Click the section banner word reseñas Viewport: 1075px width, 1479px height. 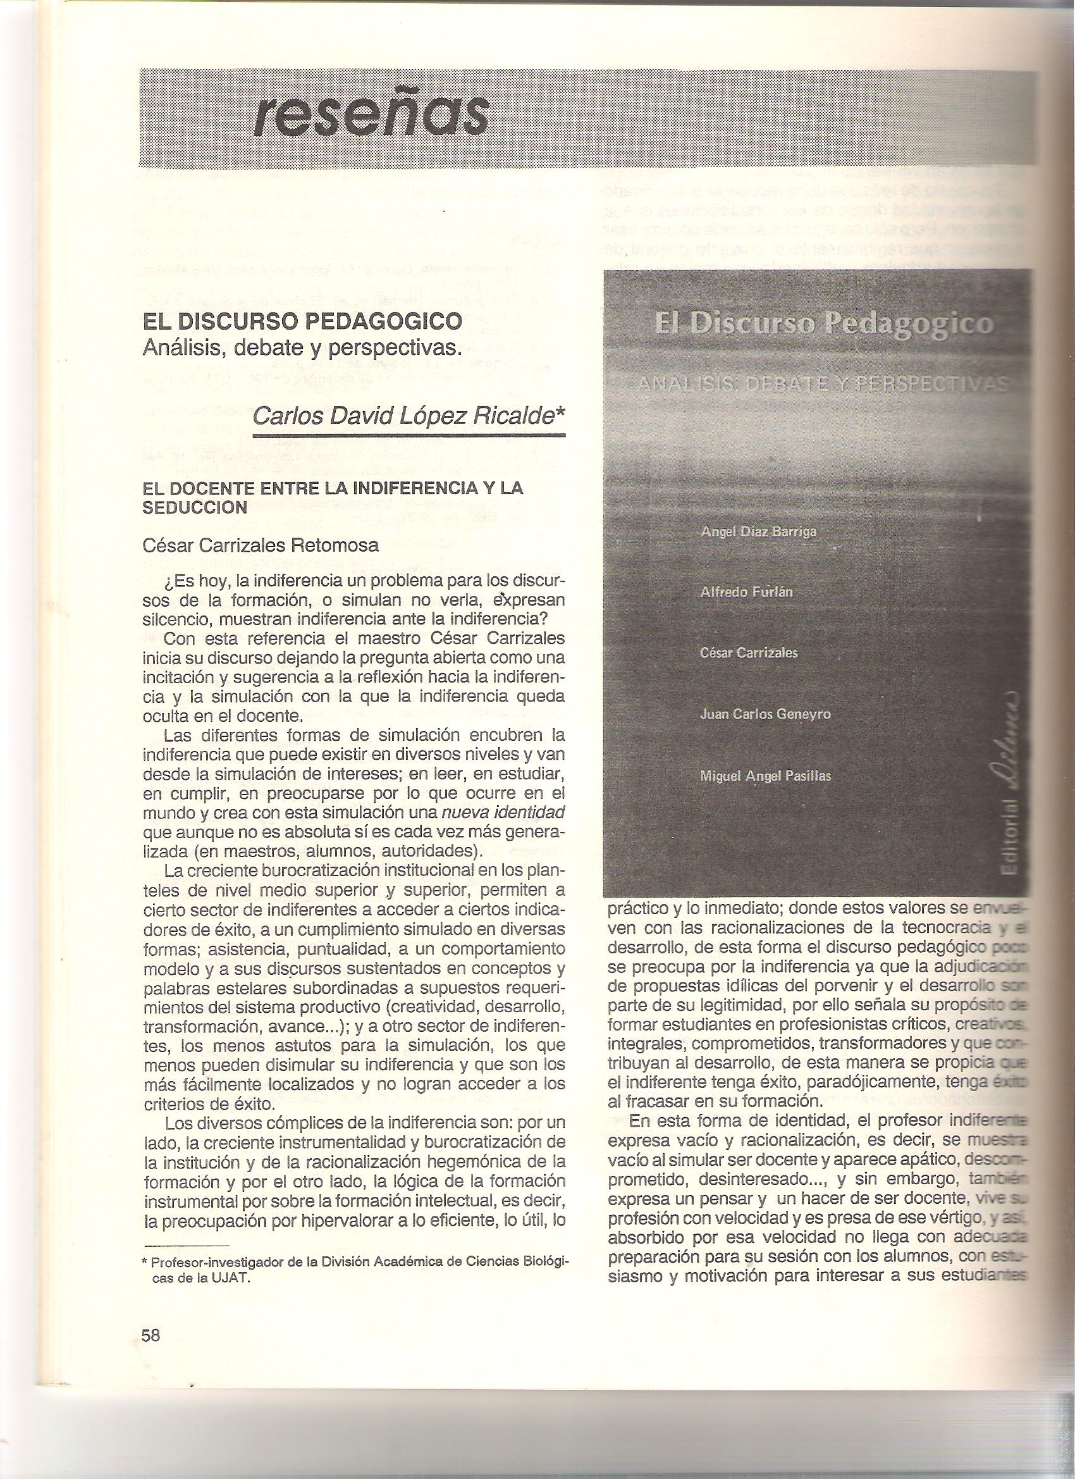pos(370,116)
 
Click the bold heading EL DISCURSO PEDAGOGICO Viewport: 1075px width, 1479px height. pos(302,321)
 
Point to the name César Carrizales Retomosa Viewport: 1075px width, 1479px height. pos(260,545)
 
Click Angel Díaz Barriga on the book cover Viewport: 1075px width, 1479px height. pos(758,531)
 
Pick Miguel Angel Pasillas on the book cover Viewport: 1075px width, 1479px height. pos(765,776)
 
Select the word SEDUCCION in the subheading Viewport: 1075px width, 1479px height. pos(194,509)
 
